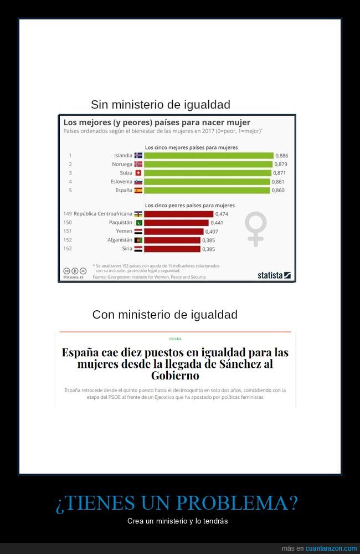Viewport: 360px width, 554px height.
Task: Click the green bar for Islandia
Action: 209,156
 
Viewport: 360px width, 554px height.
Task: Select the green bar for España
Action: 207,190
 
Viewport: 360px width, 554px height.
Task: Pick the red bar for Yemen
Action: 174,232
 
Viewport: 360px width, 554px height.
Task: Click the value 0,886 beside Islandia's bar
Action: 282,156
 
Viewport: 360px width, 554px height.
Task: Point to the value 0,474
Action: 222,214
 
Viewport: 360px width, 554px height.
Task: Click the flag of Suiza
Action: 138,173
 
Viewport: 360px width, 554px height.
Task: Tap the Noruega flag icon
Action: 138,165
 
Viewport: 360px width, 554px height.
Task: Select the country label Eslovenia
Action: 119,182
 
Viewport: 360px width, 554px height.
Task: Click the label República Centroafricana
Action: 103,214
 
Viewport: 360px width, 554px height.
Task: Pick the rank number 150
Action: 68,223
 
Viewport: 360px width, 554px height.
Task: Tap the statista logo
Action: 274,275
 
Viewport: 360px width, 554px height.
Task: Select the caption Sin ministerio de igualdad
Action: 161,105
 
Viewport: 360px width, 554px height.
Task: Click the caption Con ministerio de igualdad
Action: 164,315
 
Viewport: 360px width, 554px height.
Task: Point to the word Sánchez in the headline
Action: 239,363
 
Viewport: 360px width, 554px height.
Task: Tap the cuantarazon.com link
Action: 331,548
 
